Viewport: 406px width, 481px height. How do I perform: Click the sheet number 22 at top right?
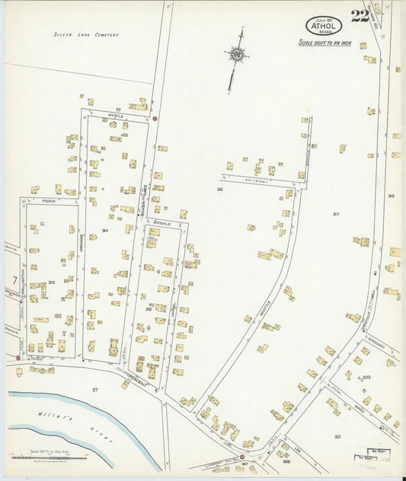pyautogui.click(x=360, y=17)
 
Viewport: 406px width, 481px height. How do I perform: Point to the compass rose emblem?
pyautogui.click(x=237, y=54)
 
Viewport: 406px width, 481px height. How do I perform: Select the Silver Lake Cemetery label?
pyautogui.click(x=86, y=34)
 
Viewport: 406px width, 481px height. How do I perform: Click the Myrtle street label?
pyautogui.click(x=115, y=116)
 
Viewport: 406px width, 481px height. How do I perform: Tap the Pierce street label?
pyautogui.click(x=50, y=202)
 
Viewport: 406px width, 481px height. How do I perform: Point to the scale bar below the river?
pyautogui.click(x=51, y=457)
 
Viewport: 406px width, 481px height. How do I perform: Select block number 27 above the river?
pyautogui.click(x=95, y=390)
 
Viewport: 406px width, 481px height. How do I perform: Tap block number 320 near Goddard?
pyautogui.click(x=366, y=377)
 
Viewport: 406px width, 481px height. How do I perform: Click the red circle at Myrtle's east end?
pyautogui.click(x=155, y=119)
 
